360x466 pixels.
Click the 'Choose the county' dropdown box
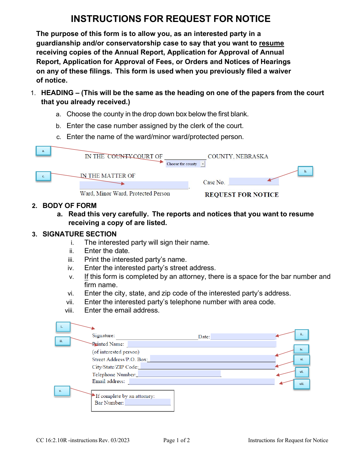[185, 164]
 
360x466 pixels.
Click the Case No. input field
[254, 182]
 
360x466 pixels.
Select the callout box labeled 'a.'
[43, 151]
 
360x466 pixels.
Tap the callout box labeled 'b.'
[305, 172]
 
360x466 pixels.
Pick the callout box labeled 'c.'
[43, 176]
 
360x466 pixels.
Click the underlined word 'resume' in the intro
[271, 43]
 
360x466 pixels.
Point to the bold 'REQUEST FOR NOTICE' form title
[241, 195]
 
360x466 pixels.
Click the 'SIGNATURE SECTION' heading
[80, 234]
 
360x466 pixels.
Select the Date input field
[243, 336]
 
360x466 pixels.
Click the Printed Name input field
[202, 344]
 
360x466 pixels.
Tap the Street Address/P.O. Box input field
[213, 359]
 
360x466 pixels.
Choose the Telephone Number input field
[179, 374]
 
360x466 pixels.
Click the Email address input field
[202, 382]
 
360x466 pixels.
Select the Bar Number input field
[147, 403]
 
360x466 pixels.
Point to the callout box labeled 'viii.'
[302, 384]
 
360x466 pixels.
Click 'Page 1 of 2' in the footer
[177, 440]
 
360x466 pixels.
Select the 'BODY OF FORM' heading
[69, 206]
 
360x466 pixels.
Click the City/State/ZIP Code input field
[208, 366]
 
